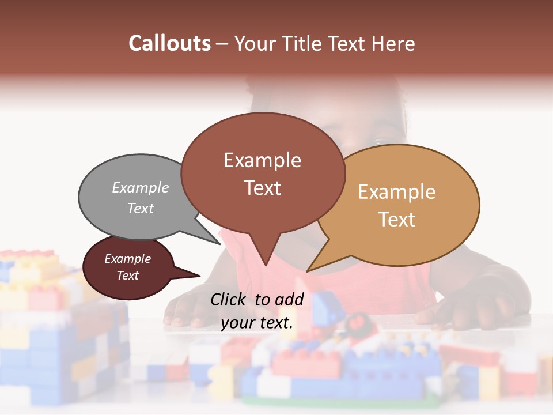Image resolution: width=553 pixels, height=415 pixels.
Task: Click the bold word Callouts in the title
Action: click(169, 43)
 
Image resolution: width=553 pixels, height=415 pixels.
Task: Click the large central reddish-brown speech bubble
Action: click(263, 173)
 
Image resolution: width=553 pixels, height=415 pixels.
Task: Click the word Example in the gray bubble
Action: click(141, 187)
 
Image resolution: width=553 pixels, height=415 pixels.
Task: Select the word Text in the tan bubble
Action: click(397, 220)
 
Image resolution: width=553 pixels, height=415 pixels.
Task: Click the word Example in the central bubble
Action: click(263, 160)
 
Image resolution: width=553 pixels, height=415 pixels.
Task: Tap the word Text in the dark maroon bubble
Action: click(128, 276)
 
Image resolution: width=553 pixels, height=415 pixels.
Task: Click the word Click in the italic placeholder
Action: click(229, 299)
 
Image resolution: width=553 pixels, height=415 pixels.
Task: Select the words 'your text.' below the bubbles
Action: click(257, 323)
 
